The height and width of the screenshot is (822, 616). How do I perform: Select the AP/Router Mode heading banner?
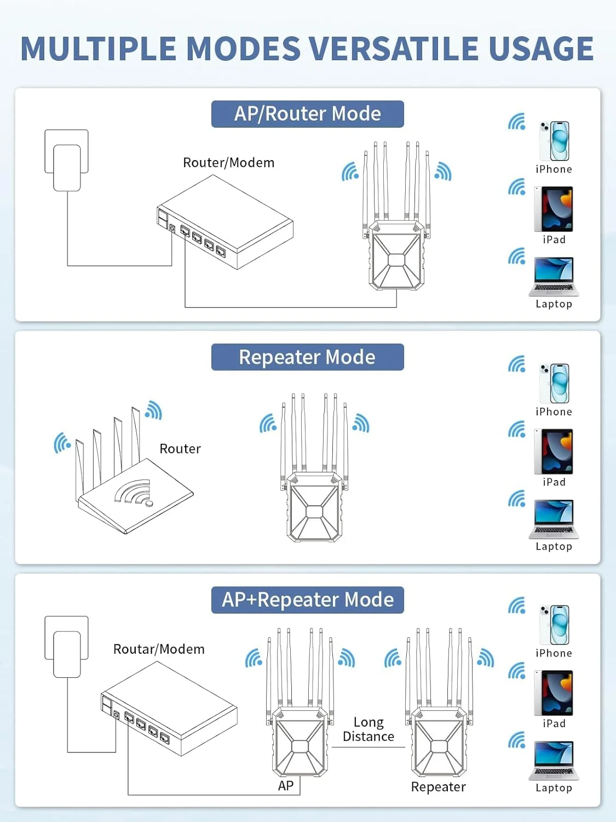(x=307, y=114)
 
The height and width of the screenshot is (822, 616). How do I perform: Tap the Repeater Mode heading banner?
(x=307, y=357)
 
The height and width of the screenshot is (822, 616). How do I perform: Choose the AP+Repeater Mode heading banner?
(x=307, y=600)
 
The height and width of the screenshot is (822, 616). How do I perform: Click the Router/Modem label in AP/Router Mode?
(x=228, y=163)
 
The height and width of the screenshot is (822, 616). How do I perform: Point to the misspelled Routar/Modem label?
(x=159, y=649)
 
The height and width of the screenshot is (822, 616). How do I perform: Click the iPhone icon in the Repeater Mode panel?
(x=554, y=384)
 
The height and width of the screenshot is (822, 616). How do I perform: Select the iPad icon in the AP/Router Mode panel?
(x=554, y=209)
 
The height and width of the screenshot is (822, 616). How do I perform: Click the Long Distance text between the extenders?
(x=369, y=729)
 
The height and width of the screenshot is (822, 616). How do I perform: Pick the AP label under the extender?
(x=286, y=786)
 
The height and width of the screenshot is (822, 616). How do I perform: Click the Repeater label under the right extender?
(x=438, y=787)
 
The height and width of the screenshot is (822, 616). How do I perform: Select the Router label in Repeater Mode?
(x=180, y=449)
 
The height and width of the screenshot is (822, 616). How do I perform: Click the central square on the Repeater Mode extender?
(x=314, y=511)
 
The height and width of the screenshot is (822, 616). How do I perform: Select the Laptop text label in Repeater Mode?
(x=554, y=547)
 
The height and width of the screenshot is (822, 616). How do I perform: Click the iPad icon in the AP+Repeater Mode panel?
(x=554, y=693)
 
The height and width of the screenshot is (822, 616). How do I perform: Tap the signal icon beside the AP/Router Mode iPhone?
(x=516, y=122)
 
